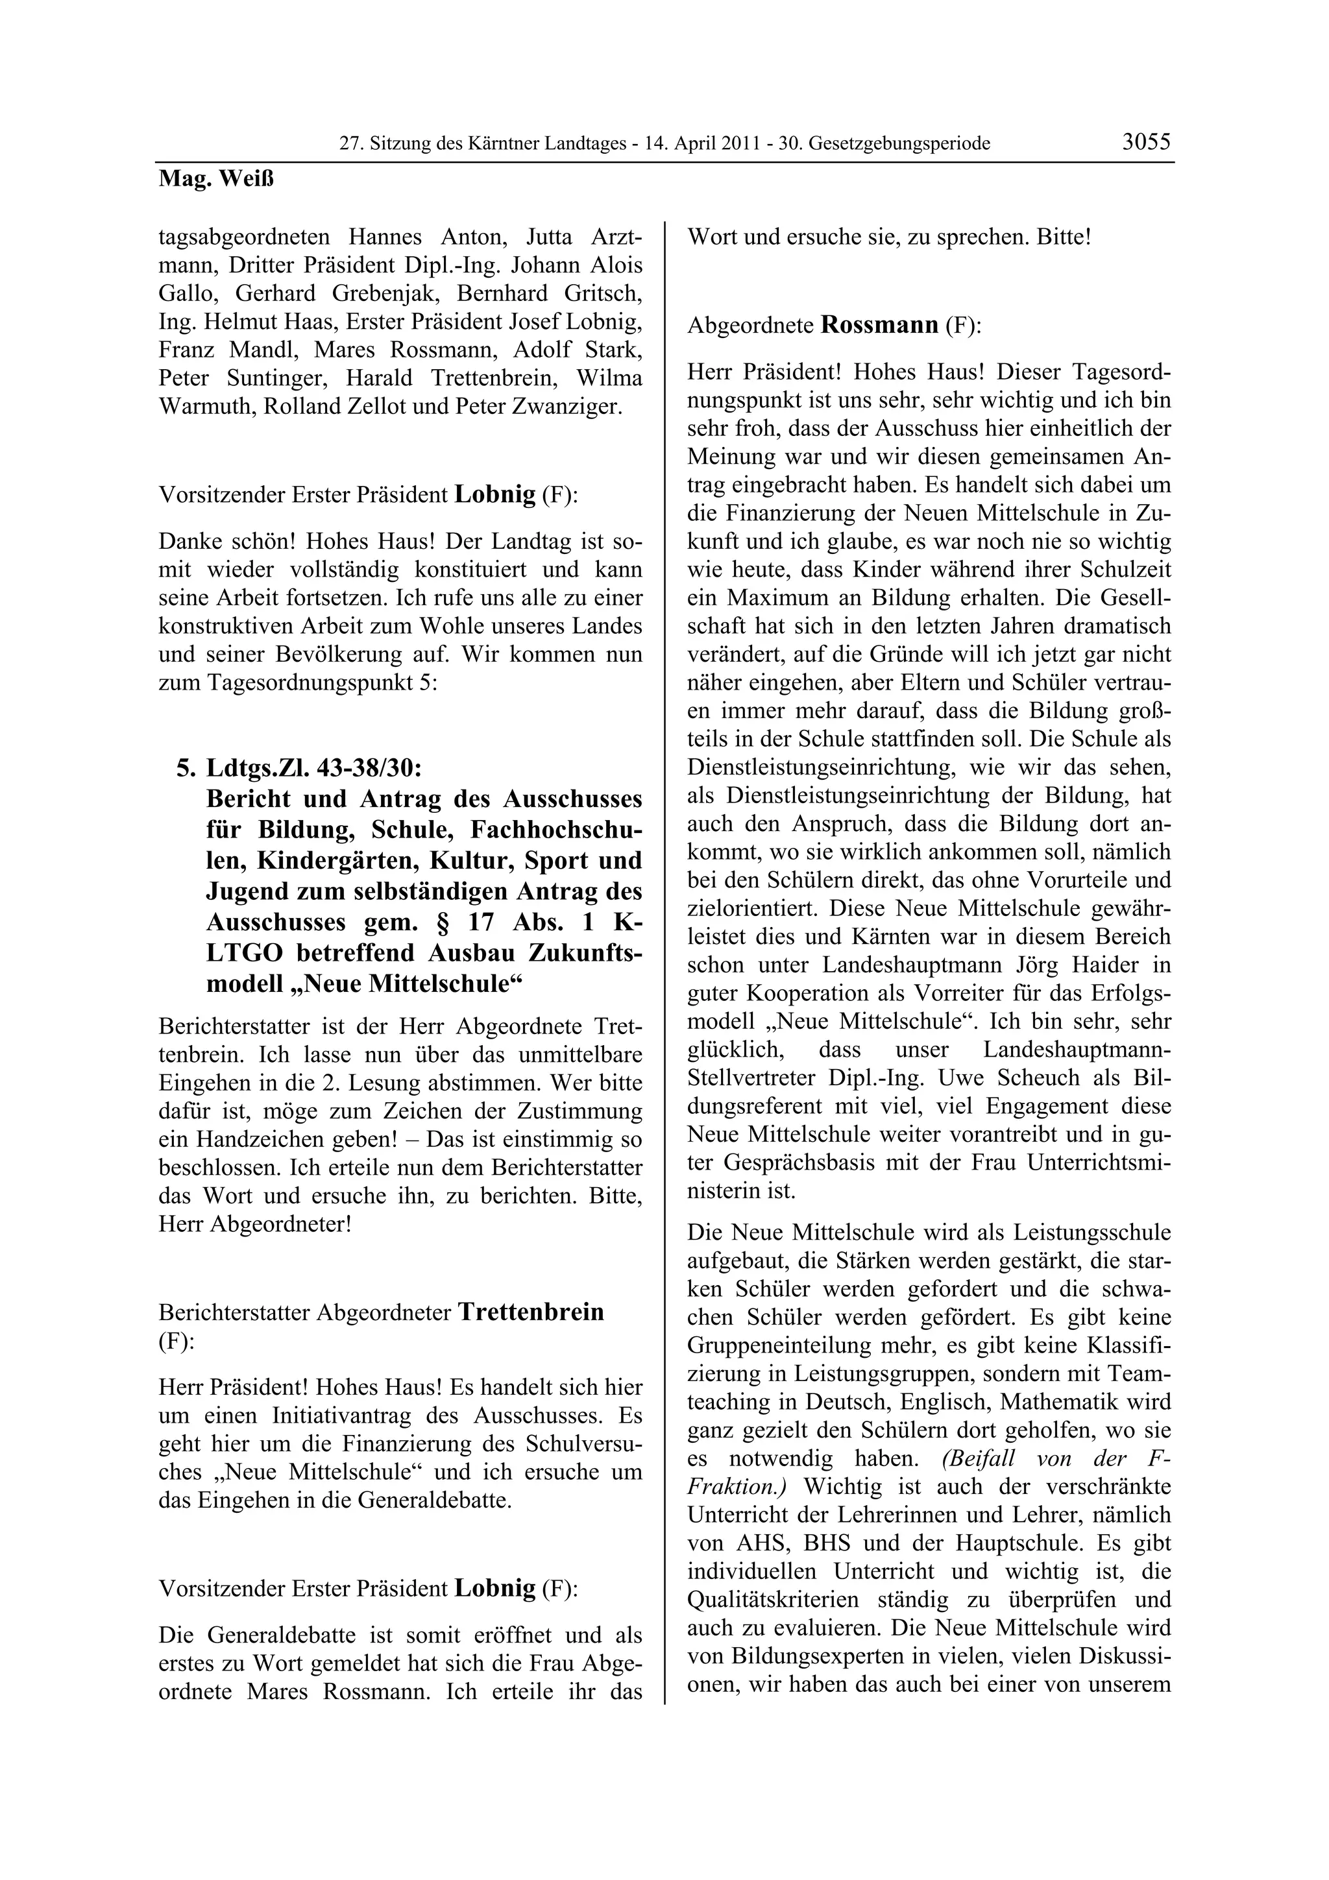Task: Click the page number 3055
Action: click(x=1147, y=141)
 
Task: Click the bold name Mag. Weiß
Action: click(x=216, y=178)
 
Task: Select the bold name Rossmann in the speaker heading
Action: click(x=879, y=325)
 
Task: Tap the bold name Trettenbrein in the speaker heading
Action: click(x=531, y=1311)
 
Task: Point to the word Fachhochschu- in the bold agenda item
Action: click(x=556, y=830)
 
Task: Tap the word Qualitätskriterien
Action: click(x=773, y=1599)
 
